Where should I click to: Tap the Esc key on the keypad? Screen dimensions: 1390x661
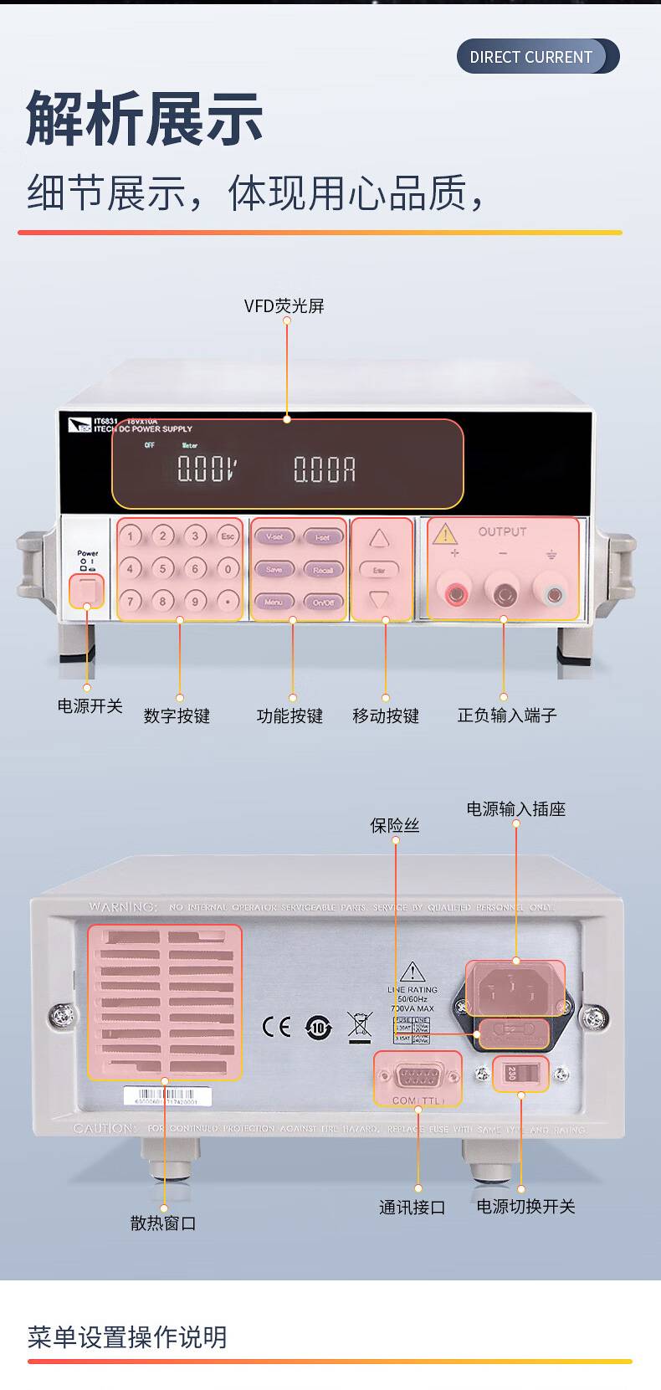pos(227,536)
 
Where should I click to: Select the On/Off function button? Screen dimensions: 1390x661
pos(323,602)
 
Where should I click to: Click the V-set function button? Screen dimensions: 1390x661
pos(274,537)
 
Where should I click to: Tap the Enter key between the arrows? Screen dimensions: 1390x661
pos(379,570)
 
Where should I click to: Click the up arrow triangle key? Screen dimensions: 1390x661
pos(380,538)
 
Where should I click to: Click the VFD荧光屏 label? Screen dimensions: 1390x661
pos(284,306)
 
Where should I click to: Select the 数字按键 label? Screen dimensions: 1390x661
pos(177,716)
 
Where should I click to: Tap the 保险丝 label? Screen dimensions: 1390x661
pos(395,826)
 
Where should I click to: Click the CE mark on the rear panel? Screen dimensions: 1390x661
pos(276,1027)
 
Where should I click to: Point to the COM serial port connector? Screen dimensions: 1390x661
pos(418,1076)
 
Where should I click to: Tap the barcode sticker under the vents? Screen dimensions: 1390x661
pos(167,1096)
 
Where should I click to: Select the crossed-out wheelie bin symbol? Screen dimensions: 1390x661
pos(359,1027)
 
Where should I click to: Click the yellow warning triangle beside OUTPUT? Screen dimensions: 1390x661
pos(445,534)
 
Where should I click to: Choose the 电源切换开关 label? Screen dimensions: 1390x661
pos(525,1207)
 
